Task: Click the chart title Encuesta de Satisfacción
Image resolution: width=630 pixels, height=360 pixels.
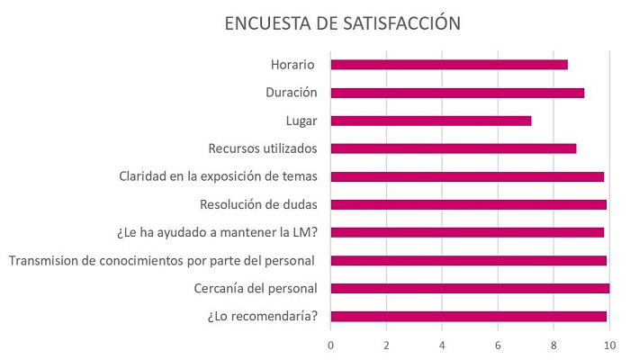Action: (342, 23)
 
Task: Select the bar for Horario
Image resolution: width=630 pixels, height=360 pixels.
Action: (449, 64)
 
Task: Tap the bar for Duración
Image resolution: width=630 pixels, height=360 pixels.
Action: (457, 92)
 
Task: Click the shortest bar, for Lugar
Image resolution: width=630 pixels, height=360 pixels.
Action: (431, 120)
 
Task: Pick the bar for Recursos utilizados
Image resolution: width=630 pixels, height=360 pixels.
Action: (454, 148)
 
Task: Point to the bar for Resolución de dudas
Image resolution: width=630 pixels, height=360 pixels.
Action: (469, 204)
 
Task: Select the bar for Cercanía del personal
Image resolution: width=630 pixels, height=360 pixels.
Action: (470, 288)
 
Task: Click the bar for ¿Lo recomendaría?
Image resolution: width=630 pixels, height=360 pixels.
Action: (469, 316)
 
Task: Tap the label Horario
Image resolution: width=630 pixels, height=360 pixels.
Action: (293, 64)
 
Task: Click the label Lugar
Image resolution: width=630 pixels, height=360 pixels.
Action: (301, 120)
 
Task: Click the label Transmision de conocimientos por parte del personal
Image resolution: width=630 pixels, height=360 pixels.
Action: (162, 260)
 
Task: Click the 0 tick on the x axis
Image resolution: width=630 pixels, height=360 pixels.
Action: (331, 346)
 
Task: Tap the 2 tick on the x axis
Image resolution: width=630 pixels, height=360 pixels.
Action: (387, 346)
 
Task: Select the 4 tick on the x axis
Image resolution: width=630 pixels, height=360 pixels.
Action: (443, 346)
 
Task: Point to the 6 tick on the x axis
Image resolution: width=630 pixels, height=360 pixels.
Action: (499, 346)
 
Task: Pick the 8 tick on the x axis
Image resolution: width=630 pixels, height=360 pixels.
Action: (554, 346)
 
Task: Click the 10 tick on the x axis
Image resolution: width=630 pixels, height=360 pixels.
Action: (609, 346)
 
